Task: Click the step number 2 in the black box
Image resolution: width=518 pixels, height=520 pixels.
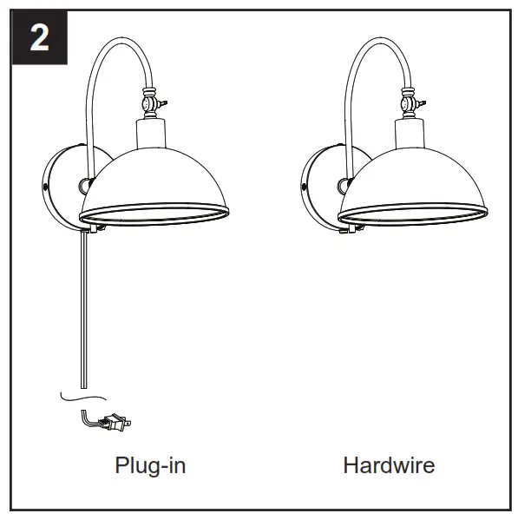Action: coord(39,38)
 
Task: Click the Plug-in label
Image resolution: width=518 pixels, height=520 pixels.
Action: coord(150,465)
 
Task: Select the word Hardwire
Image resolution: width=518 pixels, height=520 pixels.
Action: coord(388,465)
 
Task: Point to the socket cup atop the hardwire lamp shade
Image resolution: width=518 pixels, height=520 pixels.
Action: coord(411,132)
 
